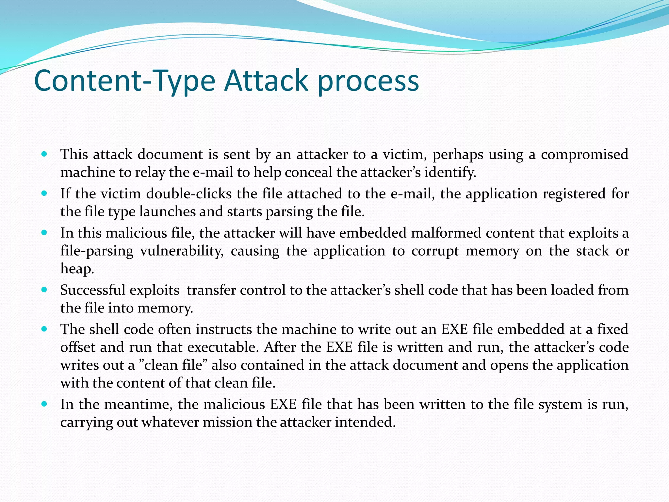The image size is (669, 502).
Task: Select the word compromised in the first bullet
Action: point(584,154)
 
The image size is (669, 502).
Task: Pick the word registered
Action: point(574,193)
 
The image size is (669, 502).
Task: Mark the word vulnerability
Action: point(182,251)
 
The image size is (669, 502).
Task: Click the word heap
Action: point(77,269)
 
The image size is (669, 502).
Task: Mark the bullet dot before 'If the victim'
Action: point(45,193)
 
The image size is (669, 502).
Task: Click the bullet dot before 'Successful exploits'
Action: point(45,290)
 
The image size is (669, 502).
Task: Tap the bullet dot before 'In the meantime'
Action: point(45,404)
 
